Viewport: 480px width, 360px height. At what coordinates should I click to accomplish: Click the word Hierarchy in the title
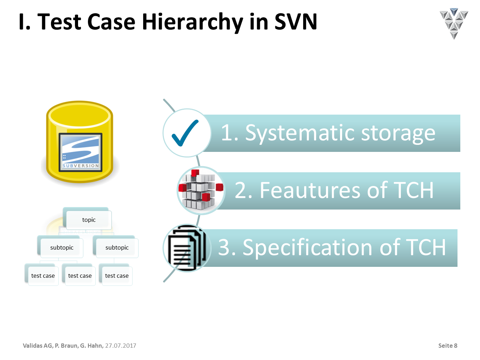click(x=192, y=22)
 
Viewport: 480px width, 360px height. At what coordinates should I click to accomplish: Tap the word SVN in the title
click(x=296, y=21)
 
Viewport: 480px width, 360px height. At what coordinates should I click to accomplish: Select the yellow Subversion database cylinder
click(x=79, y=142)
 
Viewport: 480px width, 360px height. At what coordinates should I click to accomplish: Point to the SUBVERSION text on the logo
click(x=81, y=166)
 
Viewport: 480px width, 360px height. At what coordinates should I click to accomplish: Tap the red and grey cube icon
click(x=201, y=190)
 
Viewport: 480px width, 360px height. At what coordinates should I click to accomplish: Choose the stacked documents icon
click(x=187, y=248)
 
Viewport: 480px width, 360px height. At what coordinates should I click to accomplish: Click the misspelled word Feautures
click(x=310, y=190)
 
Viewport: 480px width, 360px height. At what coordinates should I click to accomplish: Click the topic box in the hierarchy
click(x=89, y=220)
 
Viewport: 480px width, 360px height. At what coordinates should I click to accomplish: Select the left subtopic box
click(x=62, y=248)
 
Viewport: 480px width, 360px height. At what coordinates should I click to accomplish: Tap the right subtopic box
click(x=117, y=248)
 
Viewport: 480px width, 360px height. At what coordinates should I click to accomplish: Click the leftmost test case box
click(x=43, y=276)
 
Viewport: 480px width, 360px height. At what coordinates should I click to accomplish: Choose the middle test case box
click(x=80, y=276)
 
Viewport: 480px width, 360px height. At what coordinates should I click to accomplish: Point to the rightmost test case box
click(x=117, y=276)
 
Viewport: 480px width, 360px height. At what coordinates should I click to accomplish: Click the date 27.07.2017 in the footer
click(x=121, y=346)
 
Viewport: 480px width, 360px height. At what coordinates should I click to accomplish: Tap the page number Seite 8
click(x=448, y=346)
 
